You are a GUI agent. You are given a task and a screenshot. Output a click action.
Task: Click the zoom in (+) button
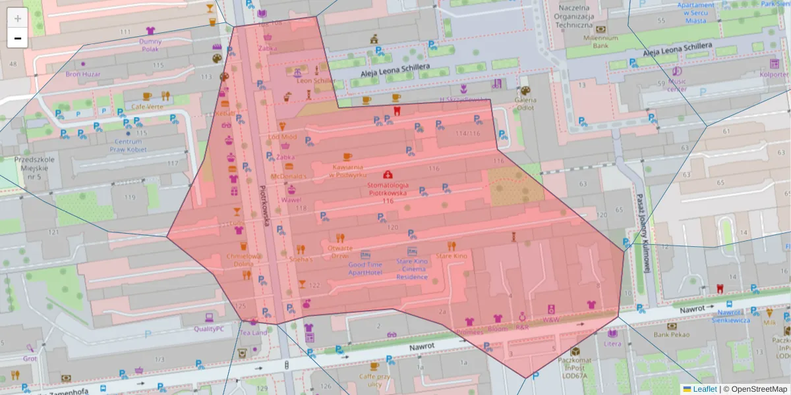[18, 18]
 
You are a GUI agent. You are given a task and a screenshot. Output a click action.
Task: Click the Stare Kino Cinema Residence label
[412, 269]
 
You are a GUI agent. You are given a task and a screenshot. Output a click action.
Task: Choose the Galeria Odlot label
[525, 103]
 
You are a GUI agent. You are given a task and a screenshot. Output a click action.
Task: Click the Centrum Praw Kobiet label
[128, 145]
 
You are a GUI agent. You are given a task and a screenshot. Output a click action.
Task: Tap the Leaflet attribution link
[705, 389]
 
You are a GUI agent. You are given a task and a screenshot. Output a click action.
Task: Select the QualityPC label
[209, 328]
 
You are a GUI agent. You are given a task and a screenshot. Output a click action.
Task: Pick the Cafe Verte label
[147, 106]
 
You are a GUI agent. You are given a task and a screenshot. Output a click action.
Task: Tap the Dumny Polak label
[150, 45]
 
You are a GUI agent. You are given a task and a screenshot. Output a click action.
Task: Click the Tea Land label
[254, 332]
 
